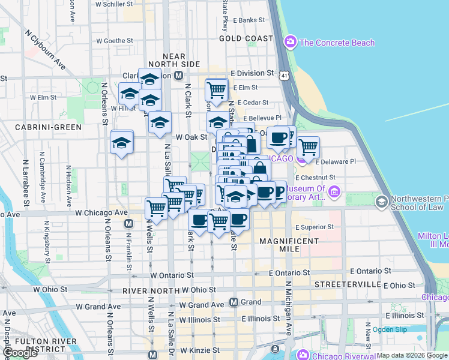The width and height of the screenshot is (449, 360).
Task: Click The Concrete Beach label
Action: pyautogui.click(x=337, y=43)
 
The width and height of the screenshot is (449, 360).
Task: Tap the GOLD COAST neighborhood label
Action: pyautogui.click(x=246, y=38)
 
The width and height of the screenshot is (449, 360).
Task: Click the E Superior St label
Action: pyautogui.click(x=315, y=227)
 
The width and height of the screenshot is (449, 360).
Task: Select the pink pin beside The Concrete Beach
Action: pyautogui.click(x=291, y=42)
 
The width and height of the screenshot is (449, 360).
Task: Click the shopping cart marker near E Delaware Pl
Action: pyautogui.click(x=308, y=146)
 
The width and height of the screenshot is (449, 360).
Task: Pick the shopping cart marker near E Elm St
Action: pyautogui.click(x=216, y=91)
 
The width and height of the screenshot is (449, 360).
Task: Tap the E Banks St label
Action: pyautogui.click(x=248, y=20)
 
